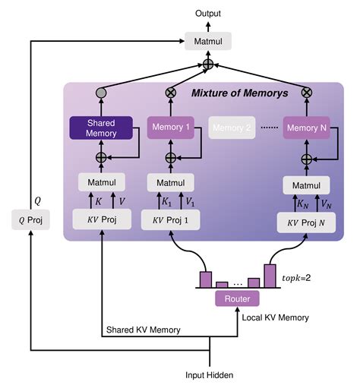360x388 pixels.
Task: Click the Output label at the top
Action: click(208, 13)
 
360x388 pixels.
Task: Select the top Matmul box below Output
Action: click(208, 40)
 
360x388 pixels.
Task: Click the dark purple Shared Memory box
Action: click(102, 128)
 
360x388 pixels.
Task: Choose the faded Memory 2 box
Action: click(232, 128)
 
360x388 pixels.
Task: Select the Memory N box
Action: click(307, 128)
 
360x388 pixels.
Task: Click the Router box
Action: click(238, 298)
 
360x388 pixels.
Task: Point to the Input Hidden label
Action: click(210, 375)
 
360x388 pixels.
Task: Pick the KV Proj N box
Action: click(307, 222)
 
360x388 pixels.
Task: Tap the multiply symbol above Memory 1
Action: click(172, 93)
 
